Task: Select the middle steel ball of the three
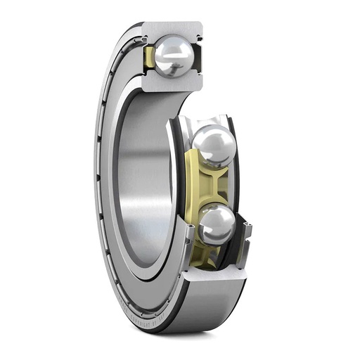pos(214,146)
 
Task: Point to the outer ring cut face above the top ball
pos(172,29)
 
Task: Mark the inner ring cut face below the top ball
pos(172,84)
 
